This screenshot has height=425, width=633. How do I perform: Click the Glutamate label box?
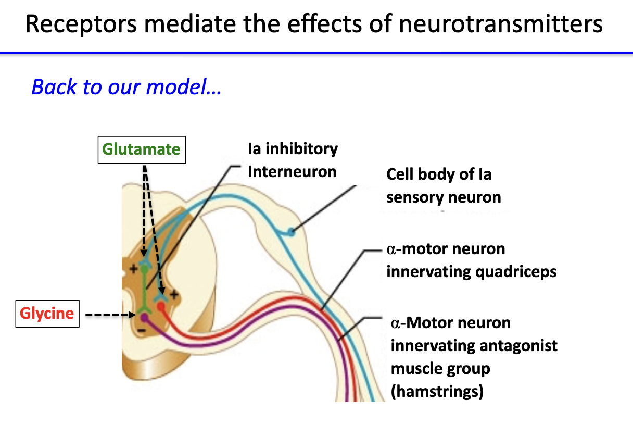141,149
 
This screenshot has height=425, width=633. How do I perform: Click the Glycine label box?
47,314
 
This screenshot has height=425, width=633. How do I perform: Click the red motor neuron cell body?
162,306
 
